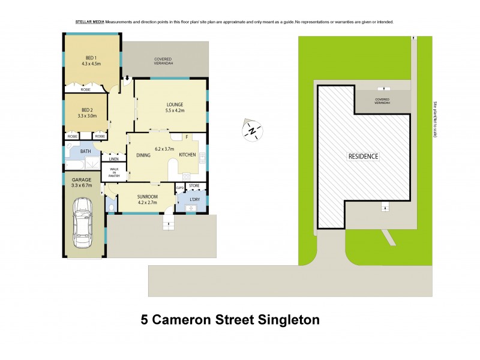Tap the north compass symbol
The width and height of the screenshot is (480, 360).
(253, 130)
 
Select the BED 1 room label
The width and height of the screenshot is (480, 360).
(93, 58)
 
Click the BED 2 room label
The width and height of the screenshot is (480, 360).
(86, 110)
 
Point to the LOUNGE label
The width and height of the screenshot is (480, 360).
(175, 104)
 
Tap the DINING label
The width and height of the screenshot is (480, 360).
(143, 155)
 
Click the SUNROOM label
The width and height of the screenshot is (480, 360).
(147, 196)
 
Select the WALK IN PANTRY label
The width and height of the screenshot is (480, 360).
(113, 173)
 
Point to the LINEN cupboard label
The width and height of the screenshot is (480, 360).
(113, 159)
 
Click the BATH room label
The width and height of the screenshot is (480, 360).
(86, 151)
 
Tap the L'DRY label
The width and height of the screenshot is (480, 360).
(194, 199)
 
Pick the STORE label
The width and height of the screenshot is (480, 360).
(194, 187)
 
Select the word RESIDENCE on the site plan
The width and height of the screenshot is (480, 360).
(364, 156)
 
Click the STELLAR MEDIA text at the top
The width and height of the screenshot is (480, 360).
(90, 22)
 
